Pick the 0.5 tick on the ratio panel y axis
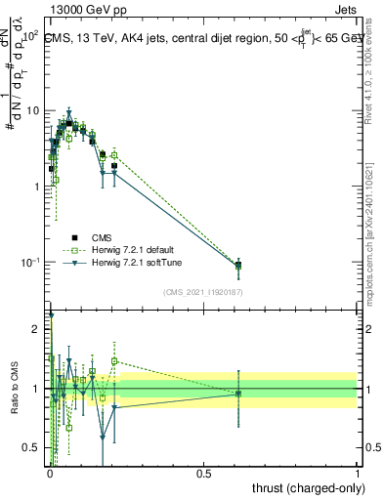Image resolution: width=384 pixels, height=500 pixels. point(33,448)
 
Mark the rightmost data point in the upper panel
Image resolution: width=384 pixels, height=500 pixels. point(238,265)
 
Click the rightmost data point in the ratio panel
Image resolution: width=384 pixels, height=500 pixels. point(238,393)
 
